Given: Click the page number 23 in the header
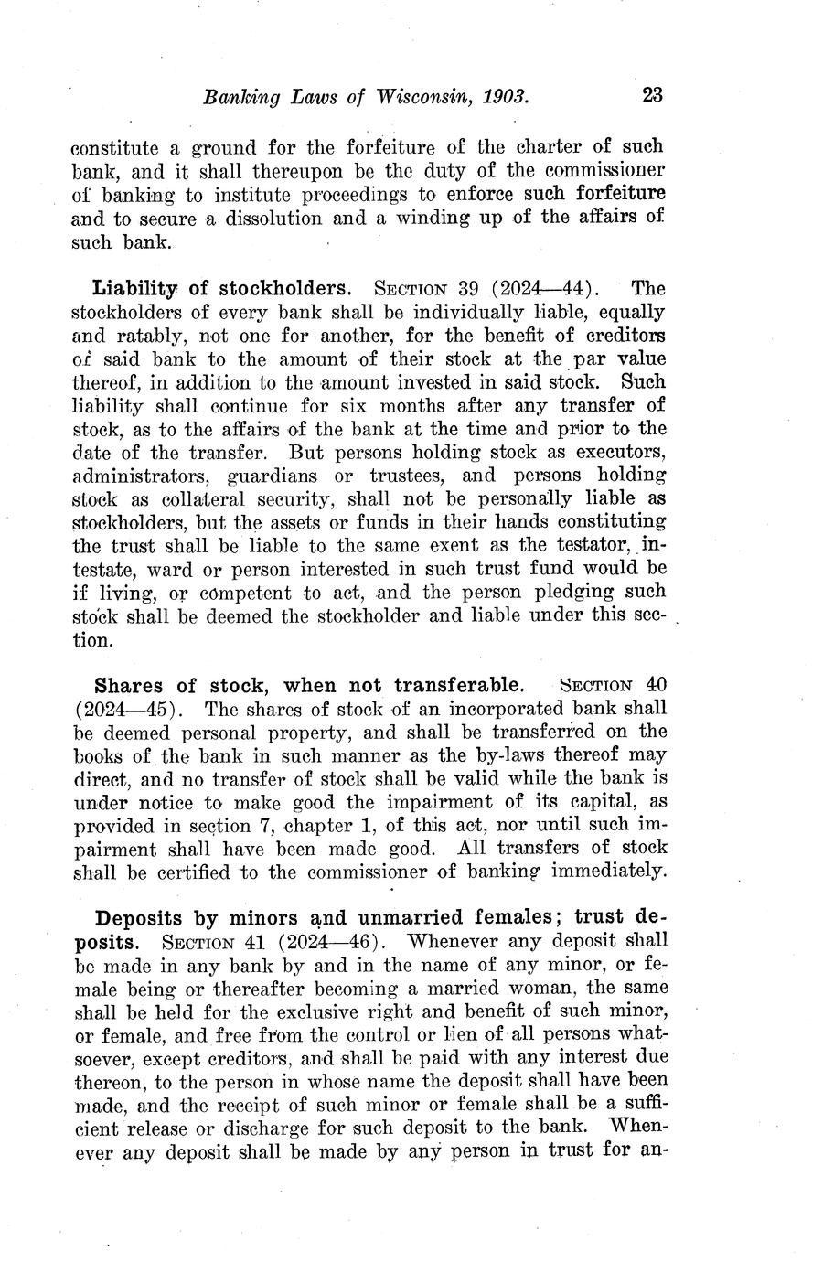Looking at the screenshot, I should tap(651, 95).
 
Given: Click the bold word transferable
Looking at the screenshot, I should tap(459, 685).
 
